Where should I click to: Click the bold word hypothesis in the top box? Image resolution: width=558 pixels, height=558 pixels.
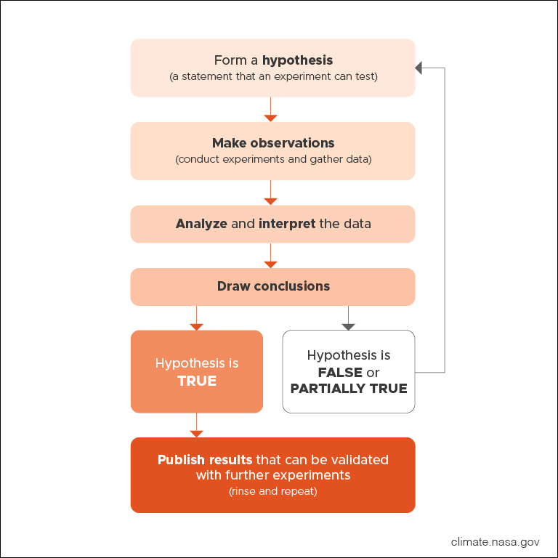[x=297, y=60]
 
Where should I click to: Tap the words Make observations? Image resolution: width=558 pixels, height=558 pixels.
[x=273, y=143]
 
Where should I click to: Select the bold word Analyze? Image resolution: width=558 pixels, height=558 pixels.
[x=201, y=224]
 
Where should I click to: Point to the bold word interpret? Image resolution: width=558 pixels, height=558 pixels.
[x=287, y=224]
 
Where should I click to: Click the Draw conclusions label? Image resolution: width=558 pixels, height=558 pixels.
[x=273, y=286]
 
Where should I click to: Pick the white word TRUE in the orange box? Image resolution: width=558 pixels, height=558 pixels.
[x=197, y=381]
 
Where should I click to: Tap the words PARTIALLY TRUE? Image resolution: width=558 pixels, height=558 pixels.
[x=349, y=388]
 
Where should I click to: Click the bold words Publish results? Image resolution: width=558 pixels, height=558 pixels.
[x=205, y=460]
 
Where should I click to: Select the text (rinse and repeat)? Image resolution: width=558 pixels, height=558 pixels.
[x=273, y=492]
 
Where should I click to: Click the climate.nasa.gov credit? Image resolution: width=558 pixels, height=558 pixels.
[x=495, y=541]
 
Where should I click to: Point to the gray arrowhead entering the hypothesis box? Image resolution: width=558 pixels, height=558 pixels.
[x=418, y=68]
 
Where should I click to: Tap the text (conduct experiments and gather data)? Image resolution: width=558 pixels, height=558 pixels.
[x=273, y=159]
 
